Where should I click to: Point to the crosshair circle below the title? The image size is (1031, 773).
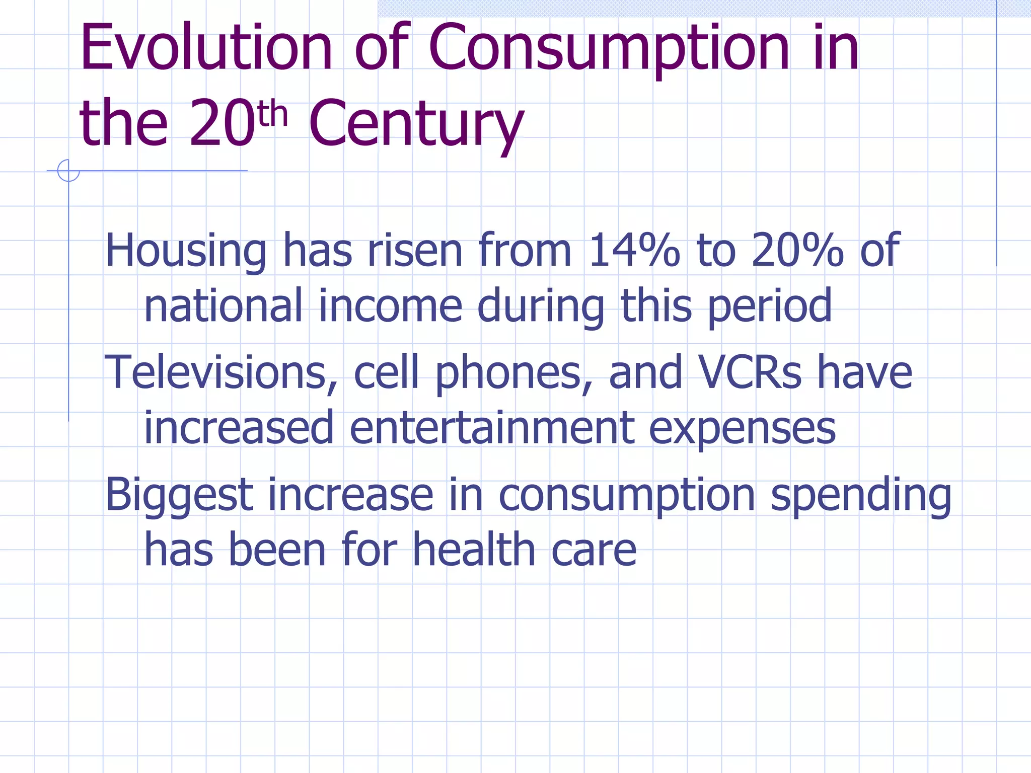click(68, 171)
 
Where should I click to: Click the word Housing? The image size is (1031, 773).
click(186, 251)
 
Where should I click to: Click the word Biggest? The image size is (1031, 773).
click(179, 496)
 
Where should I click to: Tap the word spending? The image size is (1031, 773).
click(861, 496)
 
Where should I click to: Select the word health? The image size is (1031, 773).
click(474, 550)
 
